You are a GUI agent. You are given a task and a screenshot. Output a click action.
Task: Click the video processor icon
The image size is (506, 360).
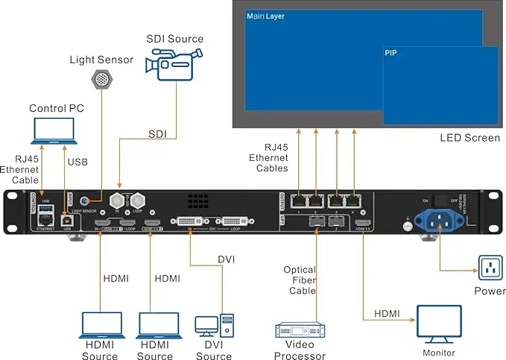pos(300,330)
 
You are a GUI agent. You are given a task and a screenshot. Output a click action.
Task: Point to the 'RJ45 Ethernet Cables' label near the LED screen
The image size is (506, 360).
pos(268,158)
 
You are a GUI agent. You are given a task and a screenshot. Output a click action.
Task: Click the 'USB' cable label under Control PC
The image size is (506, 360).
pos(77,162)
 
